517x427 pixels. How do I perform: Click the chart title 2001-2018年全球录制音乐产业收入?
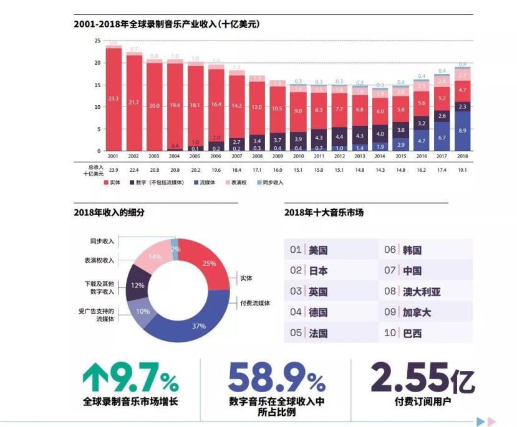pyautogui.click(x=166, y=25)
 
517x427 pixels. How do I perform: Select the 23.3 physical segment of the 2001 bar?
pyautogui.click(x=114, y=98)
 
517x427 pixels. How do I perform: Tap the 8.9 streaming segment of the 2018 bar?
pyautogui.click(x=462, y=131)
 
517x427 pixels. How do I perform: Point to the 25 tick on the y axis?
pyautogui.click(x=97, y=40)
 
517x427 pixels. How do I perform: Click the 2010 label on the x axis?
pyautogui.click(x=297, y=157)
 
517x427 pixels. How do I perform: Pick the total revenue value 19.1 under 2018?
pyautogui.click(x=462, y=169)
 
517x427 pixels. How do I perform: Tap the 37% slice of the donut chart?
pyautogui.click(x=199, y=326)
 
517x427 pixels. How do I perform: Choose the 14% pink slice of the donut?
pyautogui.click(x=155, y=256)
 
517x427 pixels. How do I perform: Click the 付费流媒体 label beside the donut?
pyautogui.click(x=255, y=303)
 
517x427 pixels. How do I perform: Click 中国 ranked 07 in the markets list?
pyautogui.click(x=412, y=271)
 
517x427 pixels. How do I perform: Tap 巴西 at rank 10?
pyautogui.click(x=412, y=333)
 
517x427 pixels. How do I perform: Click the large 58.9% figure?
pyautogui.click(x=276, y=377)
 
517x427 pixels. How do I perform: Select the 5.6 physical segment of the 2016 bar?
pyautogui.click(x=422, y=103)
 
